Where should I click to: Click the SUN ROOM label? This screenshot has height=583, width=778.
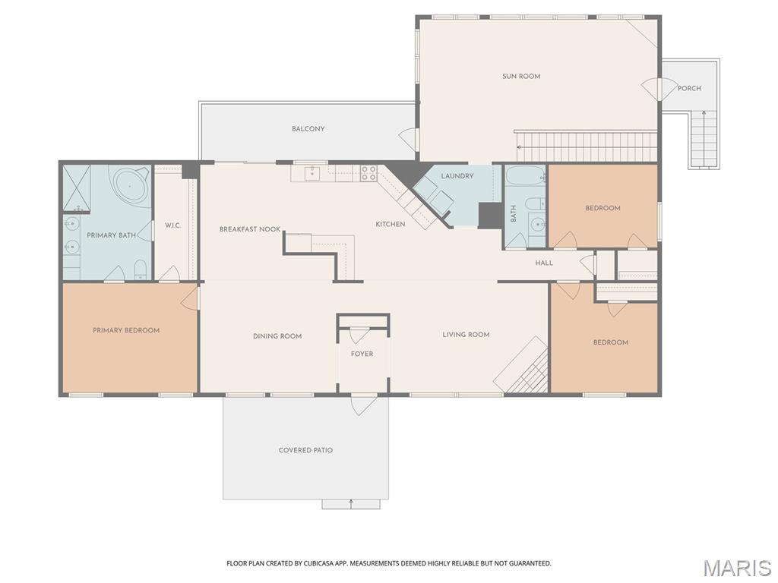(521, 76)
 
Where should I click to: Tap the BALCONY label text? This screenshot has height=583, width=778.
(308, 129)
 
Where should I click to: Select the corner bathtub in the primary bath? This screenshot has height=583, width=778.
(130, 184)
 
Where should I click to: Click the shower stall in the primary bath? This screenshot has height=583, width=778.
(77, 188)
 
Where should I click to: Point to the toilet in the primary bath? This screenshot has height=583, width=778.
(140, 269)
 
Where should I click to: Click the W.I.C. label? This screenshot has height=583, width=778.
(172, 225)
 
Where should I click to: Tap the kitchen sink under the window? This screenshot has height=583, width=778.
(312, 173)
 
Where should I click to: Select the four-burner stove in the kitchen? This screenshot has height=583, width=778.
(368, 173)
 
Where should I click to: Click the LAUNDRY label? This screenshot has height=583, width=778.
(457, 176)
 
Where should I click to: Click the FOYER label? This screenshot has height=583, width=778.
(362, 354)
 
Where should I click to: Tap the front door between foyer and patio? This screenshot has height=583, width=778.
(363, 403)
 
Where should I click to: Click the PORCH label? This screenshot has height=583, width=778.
(689, 89)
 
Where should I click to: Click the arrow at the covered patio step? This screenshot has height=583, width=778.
(351, 502)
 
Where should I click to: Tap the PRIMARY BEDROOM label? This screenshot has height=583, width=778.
(126, 330)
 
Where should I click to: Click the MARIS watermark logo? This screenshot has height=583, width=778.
(736, 568)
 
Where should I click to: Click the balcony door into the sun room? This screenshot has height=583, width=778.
(410, 139)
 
